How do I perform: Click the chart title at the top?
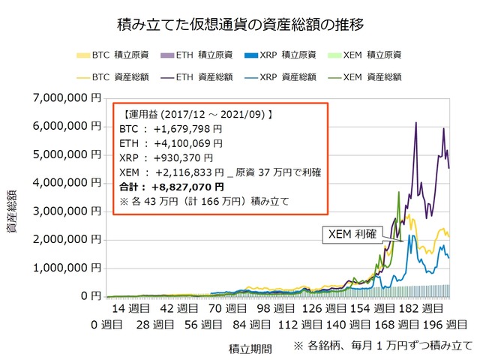click(241, 25)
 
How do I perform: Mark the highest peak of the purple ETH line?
click(416, 122)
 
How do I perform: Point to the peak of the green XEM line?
click(398, 193)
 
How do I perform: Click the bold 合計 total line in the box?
click(172, 186)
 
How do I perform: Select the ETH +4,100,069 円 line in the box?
click(171, 143)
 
